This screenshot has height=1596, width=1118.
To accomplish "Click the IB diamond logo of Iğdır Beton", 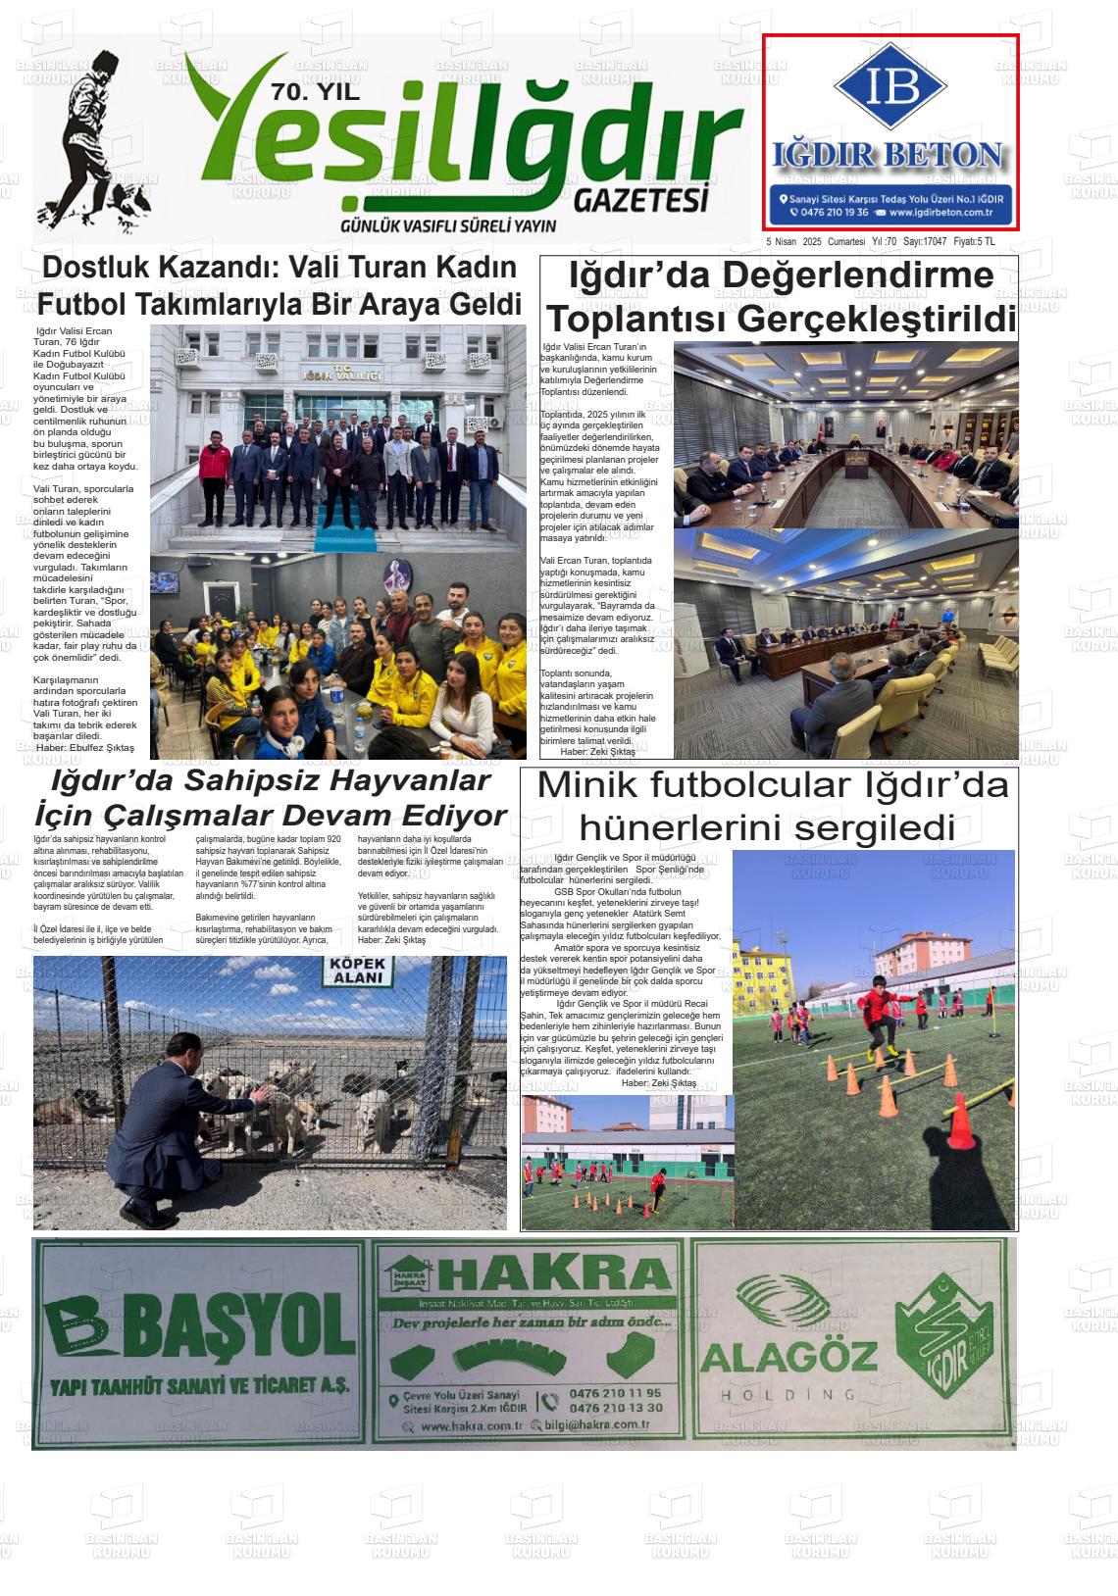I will coord(889,87).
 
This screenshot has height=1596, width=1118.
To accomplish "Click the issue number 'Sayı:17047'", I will coord(925,242).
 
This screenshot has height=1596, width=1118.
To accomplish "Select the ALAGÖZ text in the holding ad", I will coord(788,1358).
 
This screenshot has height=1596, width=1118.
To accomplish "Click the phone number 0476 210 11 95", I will coord(614,1392).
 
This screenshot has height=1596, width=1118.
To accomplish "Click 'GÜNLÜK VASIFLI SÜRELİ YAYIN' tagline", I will coord(447,226).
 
